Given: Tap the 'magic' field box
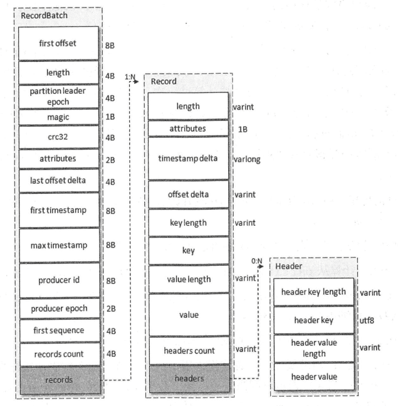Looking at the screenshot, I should [x=59, y=117].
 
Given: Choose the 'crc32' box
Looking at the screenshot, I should [x=59, y=137].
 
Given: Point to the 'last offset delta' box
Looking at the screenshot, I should [x=59, y=181].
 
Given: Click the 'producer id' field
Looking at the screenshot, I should [x=59, y=280].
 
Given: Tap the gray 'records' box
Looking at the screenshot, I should [x=59, y=378].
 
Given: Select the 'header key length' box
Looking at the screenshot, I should [x=314, y=292].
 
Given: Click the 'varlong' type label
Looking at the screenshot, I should [x=246, y=160].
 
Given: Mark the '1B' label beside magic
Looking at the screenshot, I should [x=111, y=117].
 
